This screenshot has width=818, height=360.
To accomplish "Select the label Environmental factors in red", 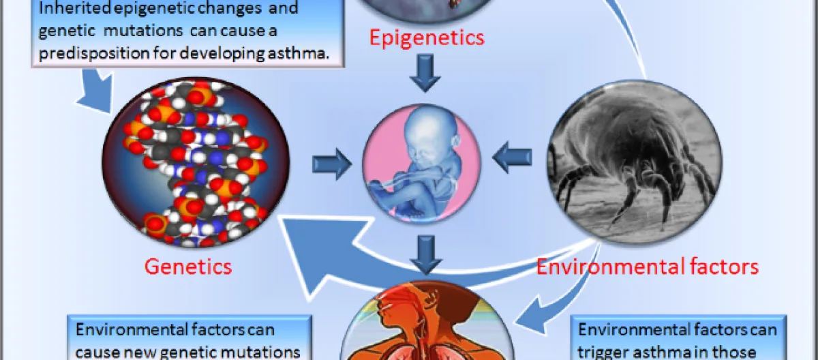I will (647, 265).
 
